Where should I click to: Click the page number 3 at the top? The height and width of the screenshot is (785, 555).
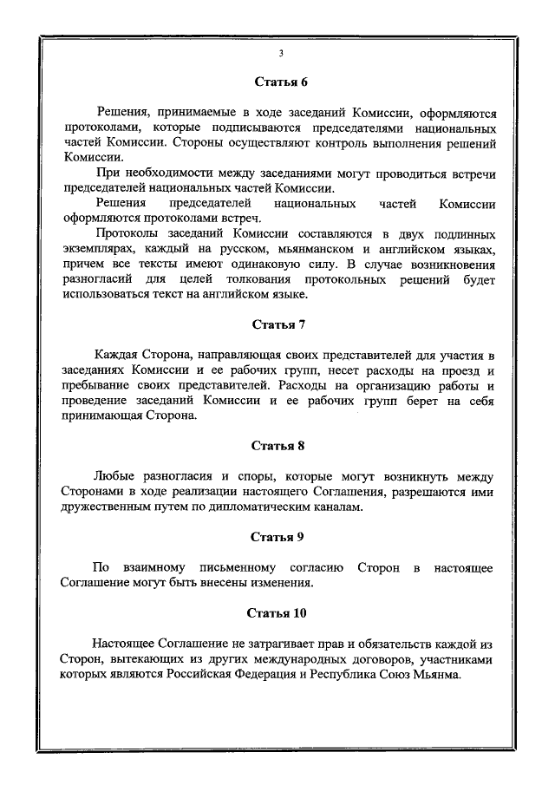tap(280, 54)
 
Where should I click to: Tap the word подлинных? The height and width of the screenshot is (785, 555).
tap(460, 235)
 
